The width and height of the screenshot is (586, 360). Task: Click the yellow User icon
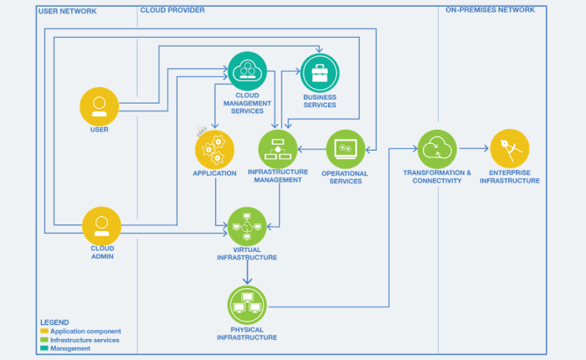(100, 105)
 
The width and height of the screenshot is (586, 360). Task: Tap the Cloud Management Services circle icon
(247, 71)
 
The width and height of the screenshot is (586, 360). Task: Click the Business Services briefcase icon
(320, 73)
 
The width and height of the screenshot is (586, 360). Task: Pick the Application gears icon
(215, 149)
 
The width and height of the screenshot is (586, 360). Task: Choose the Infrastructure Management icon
(279, 148)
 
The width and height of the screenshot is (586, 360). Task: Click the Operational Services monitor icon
(345, 149)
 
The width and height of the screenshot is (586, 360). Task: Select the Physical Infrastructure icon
(247, 306)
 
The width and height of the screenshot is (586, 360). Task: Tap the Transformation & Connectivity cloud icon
(437, 149)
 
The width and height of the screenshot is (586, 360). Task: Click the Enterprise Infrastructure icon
(510, 148)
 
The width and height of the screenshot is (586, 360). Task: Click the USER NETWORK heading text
(68, 11)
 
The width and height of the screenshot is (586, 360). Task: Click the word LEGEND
(54, 321)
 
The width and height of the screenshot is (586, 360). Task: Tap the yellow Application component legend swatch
(44, 331)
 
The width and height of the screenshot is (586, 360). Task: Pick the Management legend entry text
(70, 349)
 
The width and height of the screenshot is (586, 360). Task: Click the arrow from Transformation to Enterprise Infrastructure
(473, 148)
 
